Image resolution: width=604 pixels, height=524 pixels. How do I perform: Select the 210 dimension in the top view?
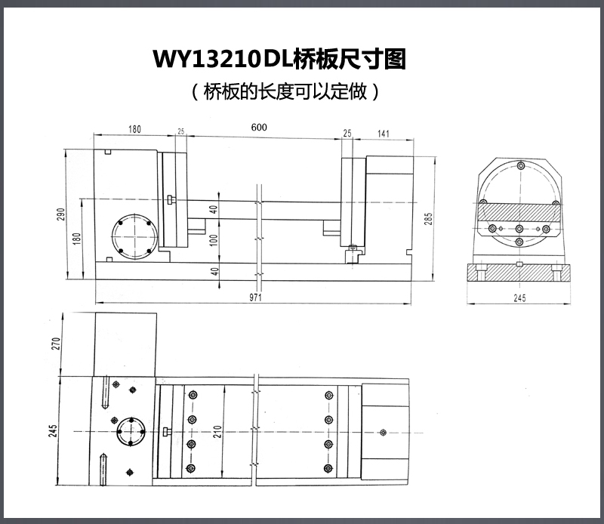click(217, 433)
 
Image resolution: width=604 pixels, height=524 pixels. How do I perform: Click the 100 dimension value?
click(214, 241)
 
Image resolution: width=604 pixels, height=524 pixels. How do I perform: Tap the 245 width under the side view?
click(519, 299)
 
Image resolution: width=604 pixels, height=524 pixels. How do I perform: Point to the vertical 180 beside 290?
click(75, 238)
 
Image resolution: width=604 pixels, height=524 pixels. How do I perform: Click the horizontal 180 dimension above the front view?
click(134, 129)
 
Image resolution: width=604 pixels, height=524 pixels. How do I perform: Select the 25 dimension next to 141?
click(347, 133)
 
